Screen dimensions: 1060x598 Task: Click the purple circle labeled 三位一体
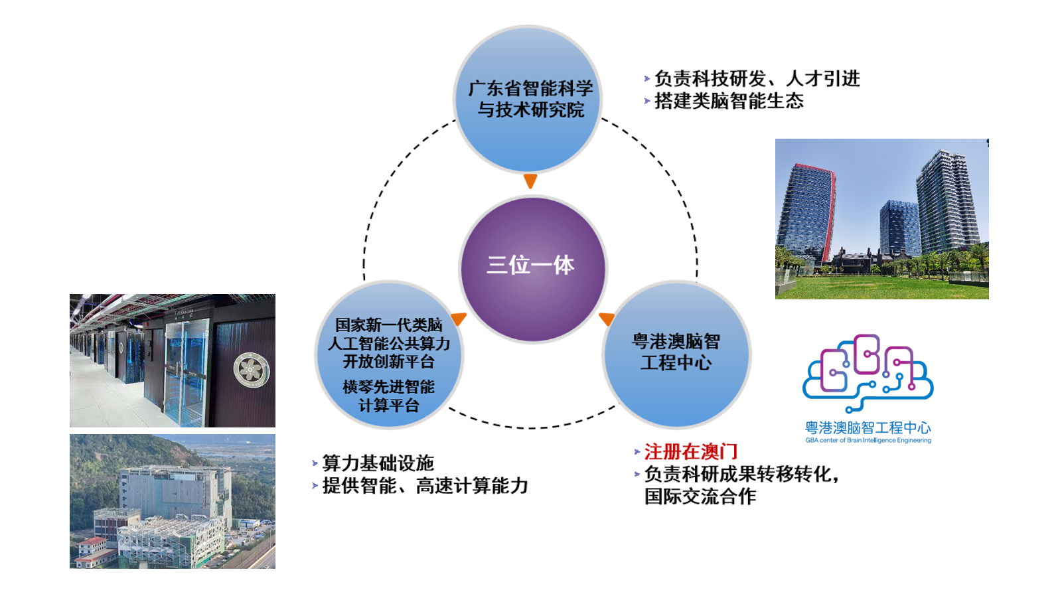(x=533, y=269)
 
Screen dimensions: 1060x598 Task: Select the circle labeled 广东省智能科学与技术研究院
(x=528, y=100)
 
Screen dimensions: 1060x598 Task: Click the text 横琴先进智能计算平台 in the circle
(x=388, y=396)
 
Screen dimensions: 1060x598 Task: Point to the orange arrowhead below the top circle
(x=530, y=181)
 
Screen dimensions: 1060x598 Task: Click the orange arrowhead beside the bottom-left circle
(x=459, y=319)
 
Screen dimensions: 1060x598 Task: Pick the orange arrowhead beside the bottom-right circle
(x=607, y=319)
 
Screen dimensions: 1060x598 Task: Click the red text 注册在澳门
(x=691, y=452)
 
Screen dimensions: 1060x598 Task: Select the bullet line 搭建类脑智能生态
(x=724, y=102)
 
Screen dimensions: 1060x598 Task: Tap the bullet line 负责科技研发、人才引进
(x=753, y=78)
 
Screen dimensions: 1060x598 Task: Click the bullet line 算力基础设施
(x=374, y=463)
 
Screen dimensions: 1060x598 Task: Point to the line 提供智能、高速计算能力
(x=420, y=486)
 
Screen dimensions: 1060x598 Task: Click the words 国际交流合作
(x=700, y=496)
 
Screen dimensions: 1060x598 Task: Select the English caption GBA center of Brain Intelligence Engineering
(x=868, y=441)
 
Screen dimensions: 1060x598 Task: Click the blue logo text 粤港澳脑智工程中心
(x=868, y=427)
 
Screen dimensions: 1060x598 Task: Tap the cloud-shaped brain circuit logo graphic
(x=868, y=373)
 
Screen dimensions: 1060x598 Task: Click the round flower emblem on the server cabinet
(x=252, y=370)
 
